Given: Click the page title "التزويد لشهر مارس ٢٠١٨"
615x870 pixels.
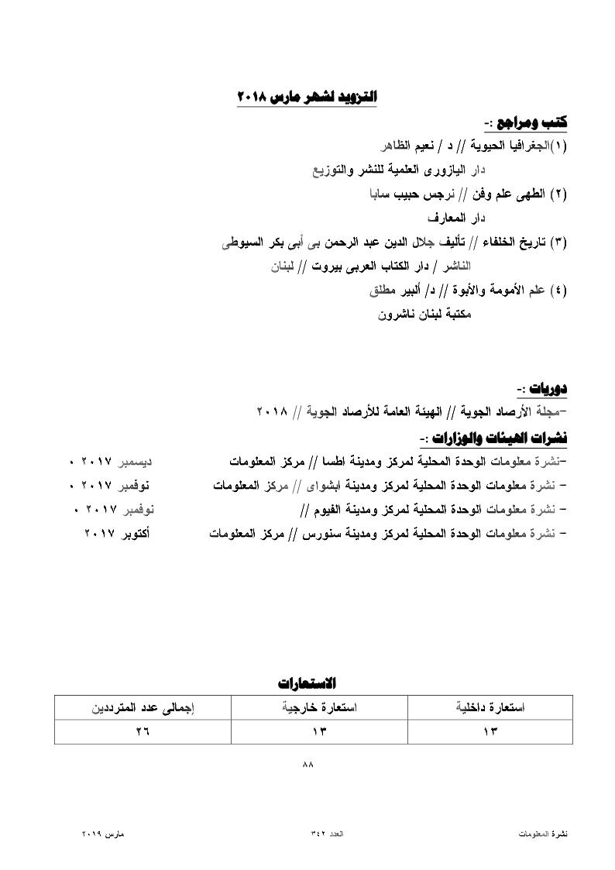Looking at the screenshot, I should tap(307, 98).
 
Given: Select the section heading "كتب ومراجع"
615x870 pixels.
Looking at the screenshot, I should tap(531, 122).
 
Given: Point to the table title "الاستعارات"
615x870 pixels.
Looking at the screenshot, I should tap(307, 683).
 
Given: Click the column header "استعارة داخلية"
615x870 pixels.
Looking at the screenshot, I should tap(490, 708).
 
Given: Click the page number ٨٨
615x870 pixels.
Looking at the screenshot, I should tap(307, 764).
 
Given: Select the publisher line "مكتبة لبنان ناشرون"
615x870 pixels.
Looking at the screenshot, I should tap(424, 315).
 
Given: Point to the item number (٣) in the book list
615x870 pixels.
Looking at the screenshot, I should tap(558, 243).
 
